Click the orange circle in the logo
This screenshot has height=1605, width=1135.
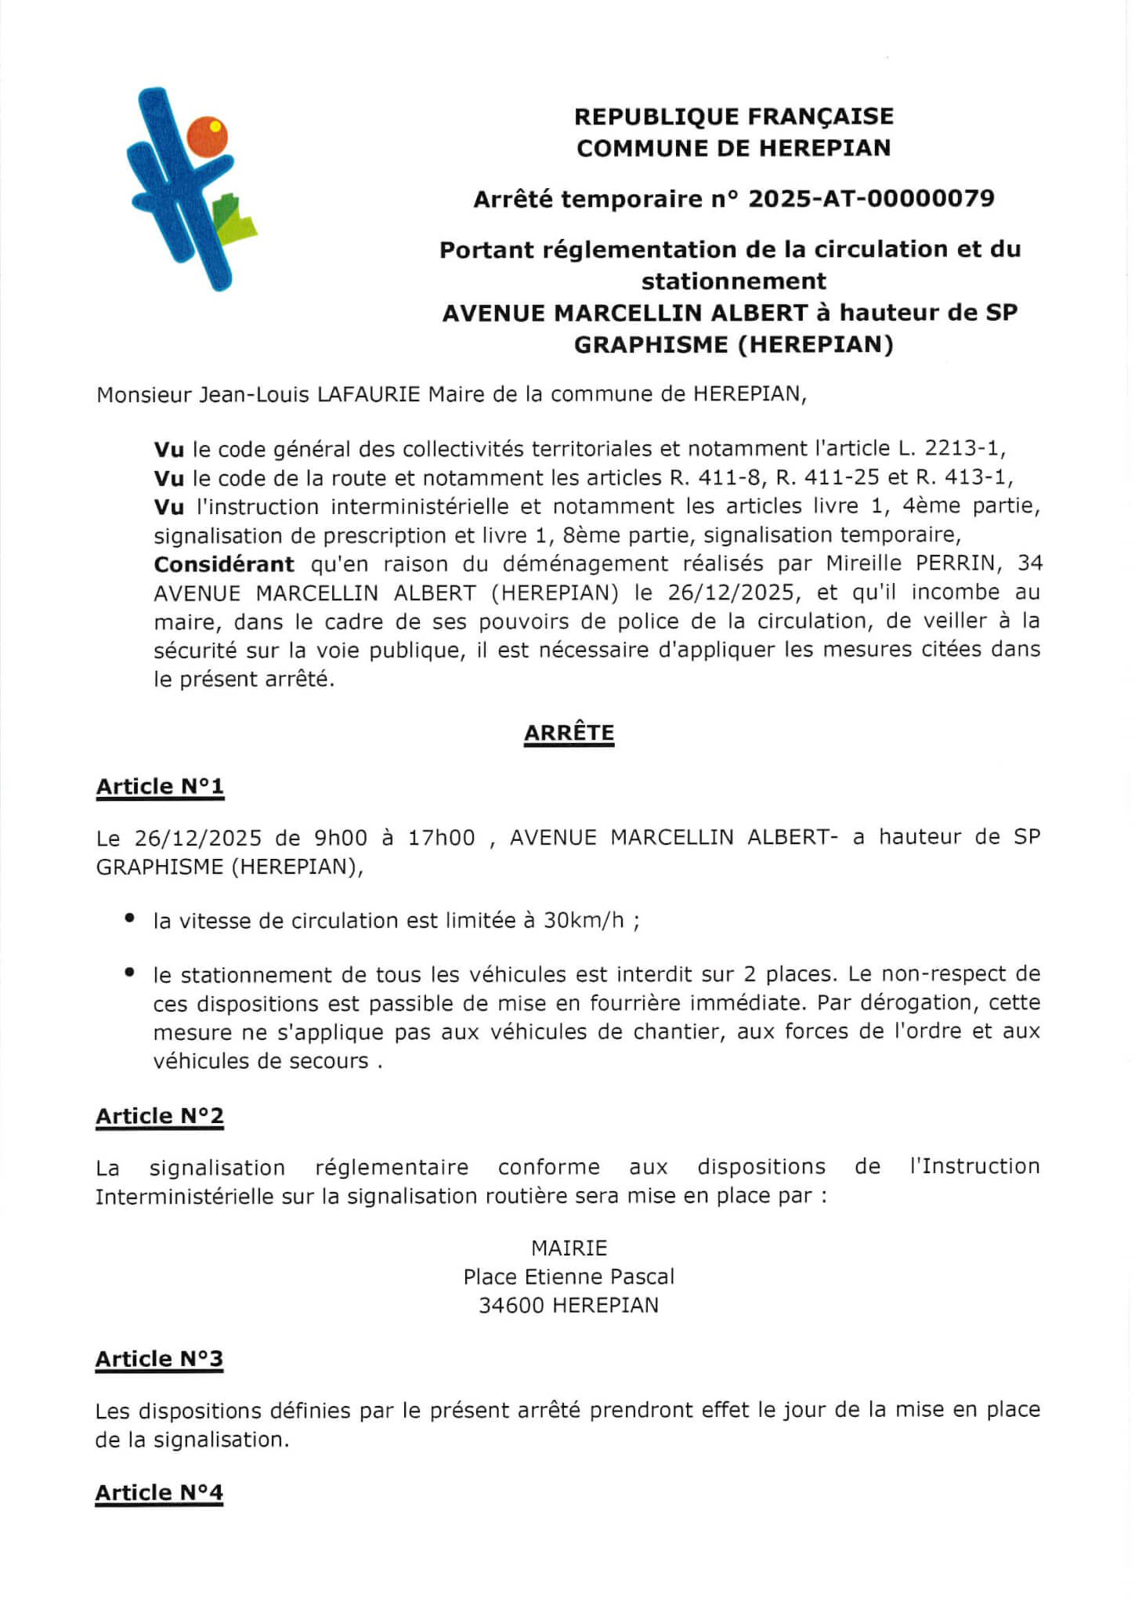point(207,136)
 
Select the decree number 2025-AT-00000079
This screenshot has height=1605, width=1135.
point(871,198)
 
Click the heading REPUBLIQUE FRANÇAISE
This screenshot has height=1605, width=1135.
point(734,117)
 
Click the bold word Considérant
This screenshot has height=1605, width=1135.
point(224,564)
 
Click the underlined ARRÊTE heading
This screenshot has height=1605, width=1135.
point(569,733)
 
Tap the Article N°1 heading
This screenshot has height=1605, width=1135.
point(160,786)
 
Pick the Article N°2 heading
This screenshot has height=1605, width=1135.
point(160,1115)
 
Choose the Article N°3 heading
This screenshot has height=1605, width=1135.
point(159,1358)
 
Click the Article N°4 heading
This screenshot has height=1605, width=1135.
point(159,1492)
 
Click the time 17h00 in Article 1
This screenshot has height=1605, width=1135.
point(441,838)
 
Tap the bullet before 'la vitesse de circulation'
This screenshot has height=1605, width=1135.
point(130,918)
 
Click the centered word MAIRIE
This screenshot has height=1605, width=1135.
point(569,1248)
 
